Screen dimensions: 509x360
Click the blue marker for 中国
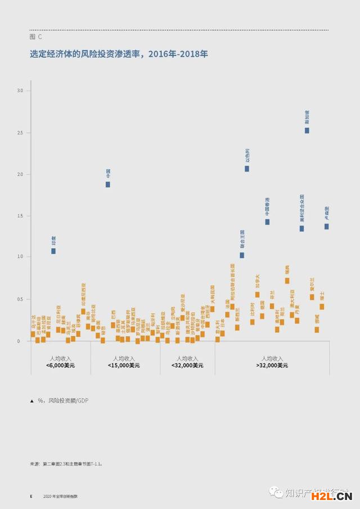[107, 184]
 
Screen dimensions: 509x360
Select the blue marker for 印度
[53, 251]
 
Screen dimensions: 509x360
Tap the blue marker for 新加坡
[307, 130]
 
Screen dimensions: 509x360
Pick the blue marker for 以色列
[247, 169]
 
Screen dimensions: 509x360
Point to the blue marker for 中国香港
[267, 222]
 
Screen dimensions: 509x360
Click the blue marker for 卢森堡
[326, 227]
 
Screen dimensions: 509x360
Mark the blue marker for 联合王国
[242, 255]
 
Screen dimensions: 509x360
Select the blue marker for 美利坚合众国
[301, 228]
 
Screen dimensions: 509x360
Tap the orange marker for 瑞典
[287, 281]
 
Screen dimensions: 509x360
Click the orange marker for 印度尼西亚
[83, 311]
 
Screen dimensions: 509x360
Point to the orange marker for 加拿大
[257, 294]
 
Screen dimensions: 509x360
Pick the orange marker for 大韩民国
[212, 309]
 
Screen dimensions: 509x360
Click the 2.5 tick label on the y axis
[21, 133]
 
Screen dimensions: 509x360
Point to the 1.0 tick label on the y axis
[21, 256]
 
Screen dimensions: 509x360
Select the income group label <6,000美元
[60, 365]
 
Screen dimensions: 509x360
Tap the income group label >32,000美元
[272, 365]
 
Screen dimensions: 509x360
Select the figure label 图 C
[35, 36]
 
